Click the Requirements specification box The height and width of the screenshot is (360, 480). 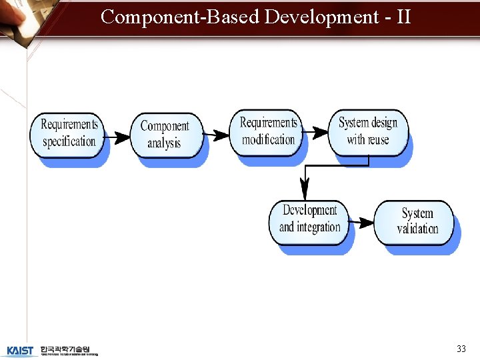69,133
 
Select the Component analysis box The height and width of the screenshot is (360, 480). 165,134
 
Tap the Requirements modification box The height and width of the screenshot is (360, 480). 268,131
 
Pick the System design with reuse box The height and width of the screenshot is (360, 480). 367,131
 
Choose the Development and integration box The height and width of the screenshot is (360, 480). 309,219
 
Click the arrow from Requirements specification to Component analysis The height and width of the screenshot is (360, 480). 119,137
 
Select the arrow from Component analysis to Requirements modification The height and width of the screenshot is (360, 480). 216,135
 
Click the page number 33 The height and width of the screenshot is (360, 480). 461,349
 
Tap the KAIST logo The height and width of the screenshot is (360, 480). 20,351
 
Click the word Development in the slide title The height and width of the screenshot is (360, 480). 321,17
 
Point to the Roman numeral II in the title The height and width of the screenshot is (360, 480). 403,17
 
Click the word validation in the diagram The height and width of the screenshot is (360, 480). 417,229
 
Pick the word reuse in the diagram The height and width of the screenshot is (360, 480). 377,140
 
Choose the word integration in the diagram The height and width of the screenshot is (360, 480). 319,227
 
